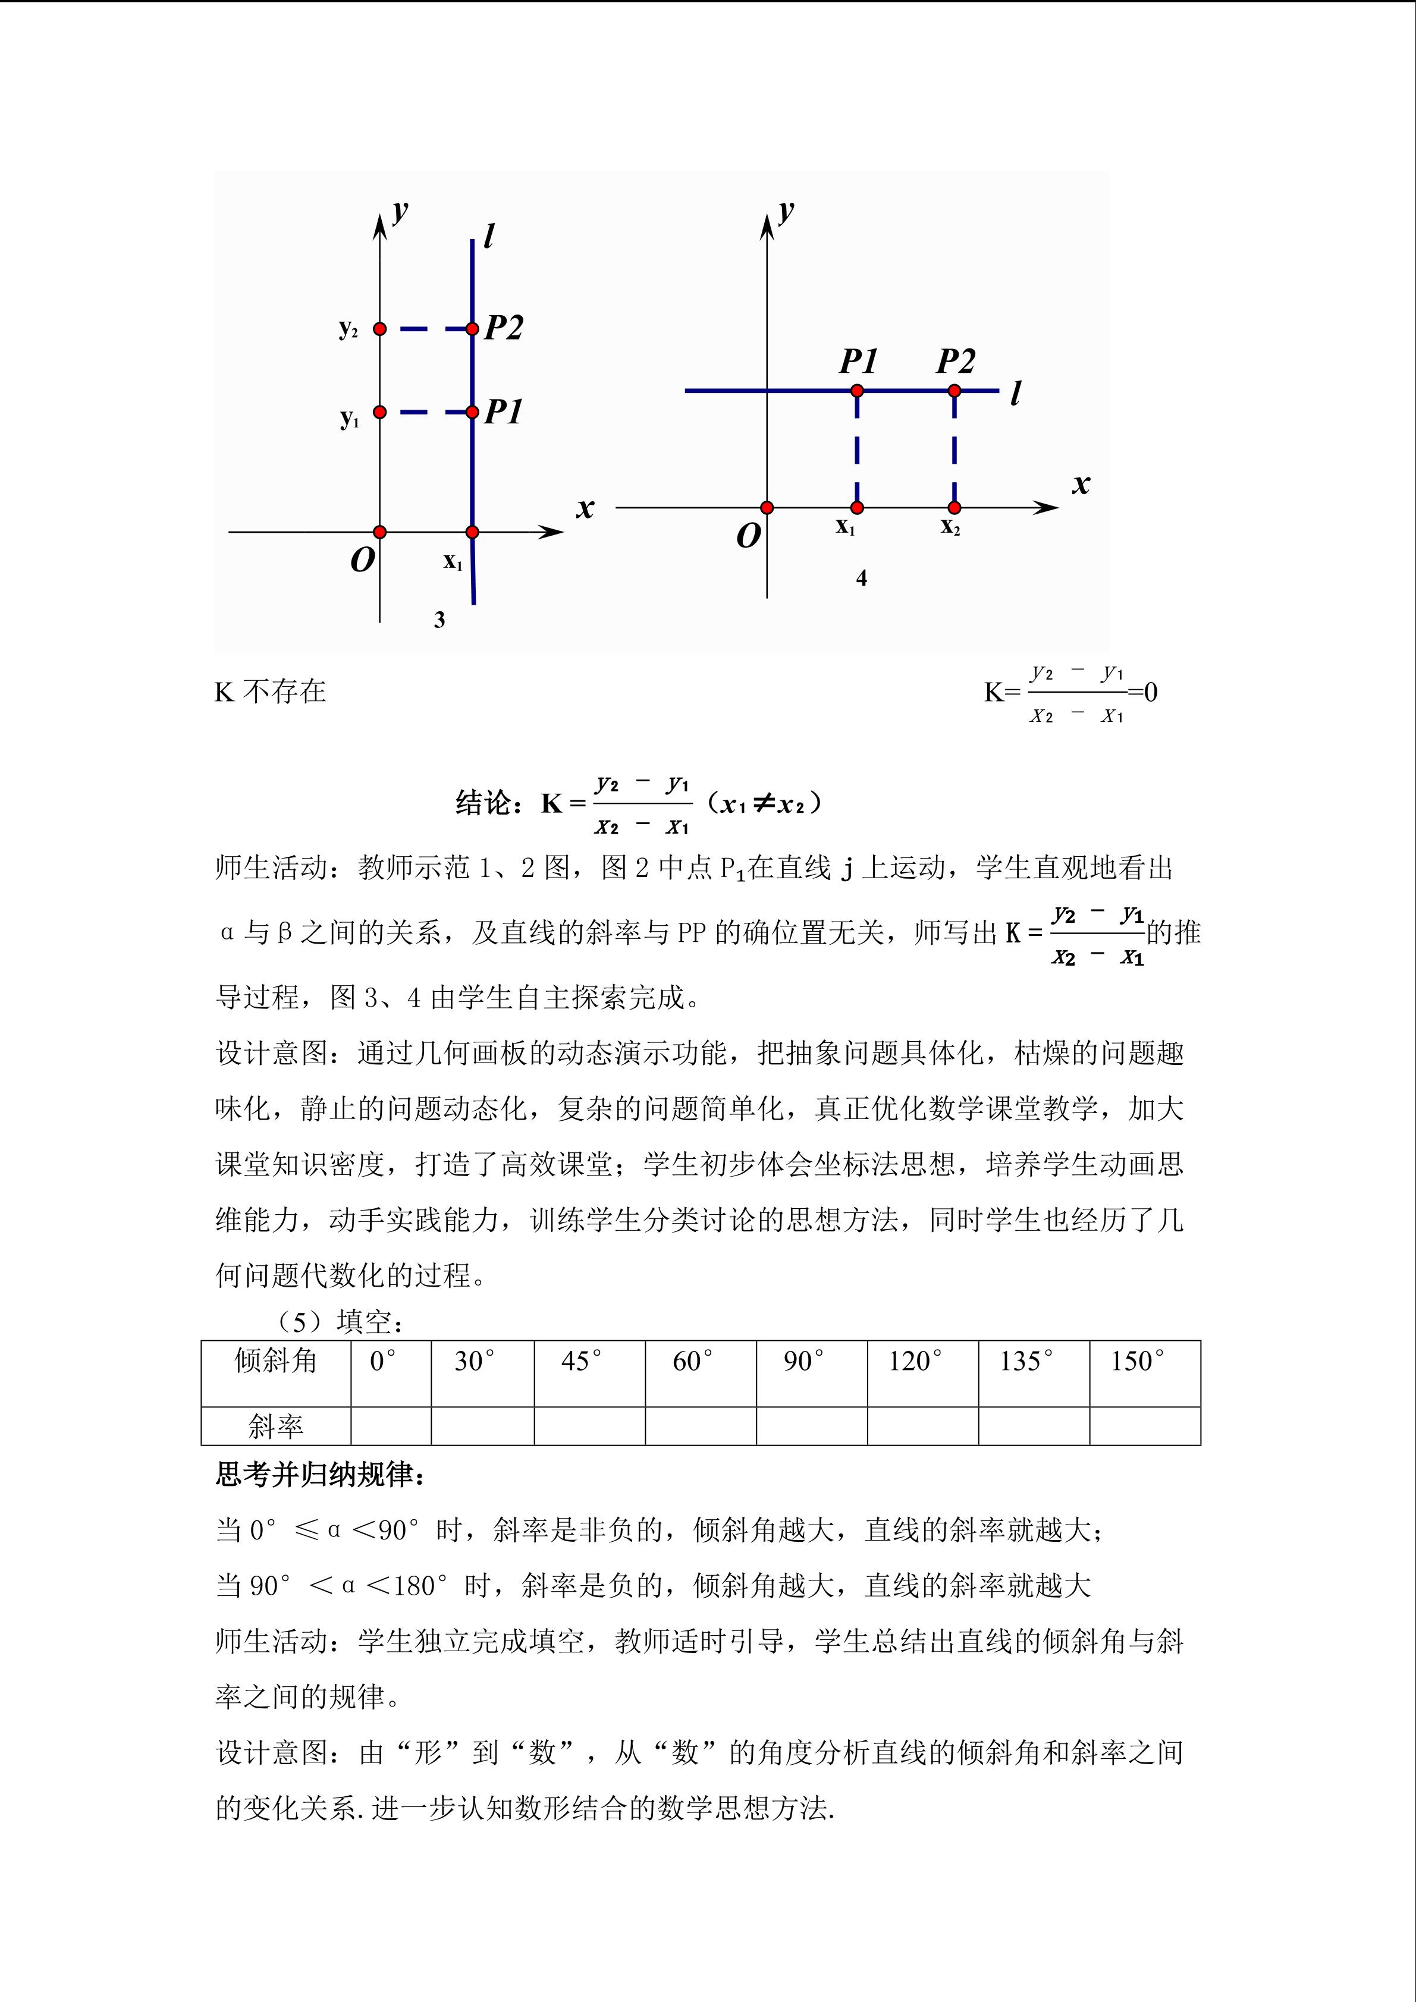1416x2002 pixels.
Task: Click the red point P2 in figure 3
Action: click(x=472, y=329)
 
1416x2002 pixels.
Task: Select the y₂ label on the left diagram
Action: click(x=348, y=329)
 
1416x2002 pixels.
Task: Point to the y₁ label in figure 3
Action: click(x=350, y=419)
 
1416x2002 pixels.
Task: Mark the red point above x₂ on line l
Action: click(x=955, y=391)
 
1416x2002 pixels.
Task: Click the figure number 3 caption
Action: click(x=439, y=620)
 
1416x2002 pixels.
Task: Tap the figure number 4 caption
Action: click(x=862, y=578)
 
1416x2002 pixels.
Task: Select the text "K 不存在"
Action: click(x=271, y=692)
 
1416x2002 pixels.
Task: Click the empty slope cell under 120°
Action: click(x=922, y=1426)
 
